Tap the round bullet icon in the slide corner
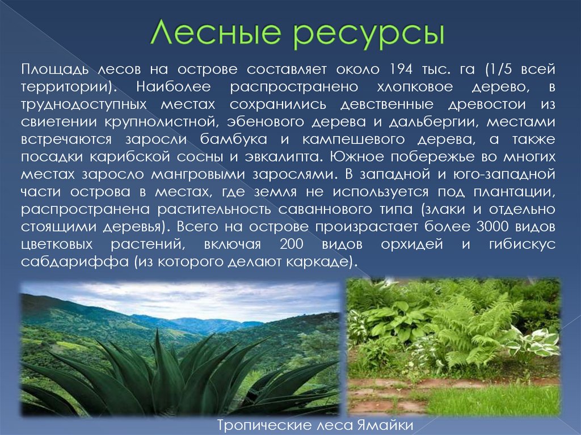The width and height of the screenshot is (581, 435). tap(569, 10)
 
